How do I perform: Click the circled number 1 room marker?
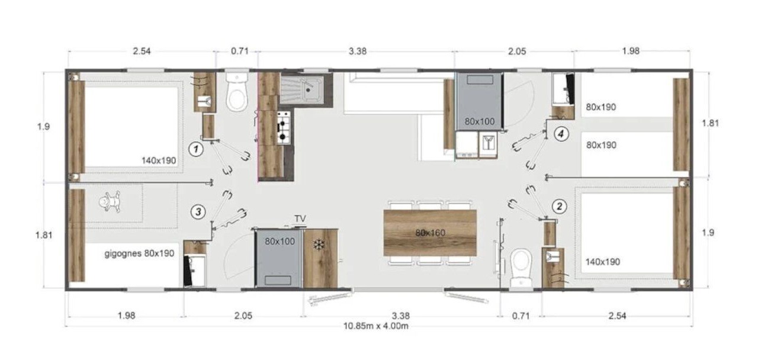(196, 149)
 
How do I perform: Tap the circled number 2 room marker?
(560, 206)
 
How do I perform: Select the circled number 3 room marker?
(198, 212)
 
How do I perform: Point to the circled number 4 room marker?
(561, 134)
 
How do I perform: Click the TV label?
(300, 218)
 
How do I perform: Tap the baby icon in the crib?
(110, 202)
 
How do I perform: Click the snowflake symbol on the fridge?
(318, 245)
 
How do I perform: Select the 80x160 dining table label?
(430, 233)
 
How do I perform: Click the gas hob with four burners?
(284, 127)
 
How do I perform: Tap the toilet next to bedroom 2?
(521, 269)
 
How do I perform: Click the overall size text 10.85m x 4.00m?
(376, 326)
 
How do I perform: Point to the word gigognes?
(123, 253)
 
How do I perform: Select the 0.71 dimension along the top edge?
(240, 51)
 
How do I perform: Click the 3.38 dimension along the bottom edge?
(401, 316)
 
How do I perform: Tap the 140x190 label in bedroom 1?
(159, 160)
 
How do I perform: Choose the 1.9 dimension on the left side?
(44, 127)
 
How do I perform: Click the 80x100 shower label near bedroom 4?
(480, 121)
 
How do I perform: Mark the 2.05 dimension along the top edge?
(517, 52)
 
